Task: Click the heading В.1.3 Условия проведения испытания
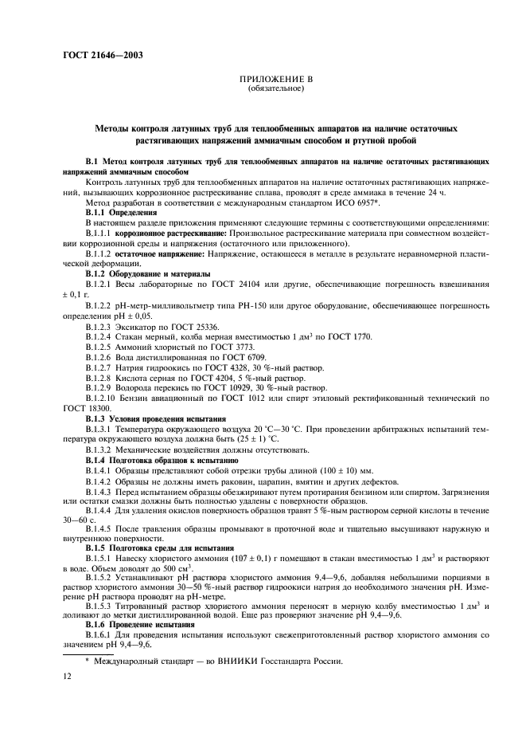pyautogui.click(x=155, y=418)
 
